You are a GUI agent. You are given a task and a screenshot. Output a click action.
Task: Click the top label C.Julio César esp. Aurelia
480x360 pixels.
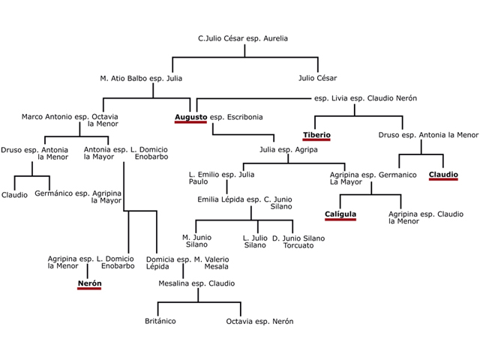click(242, 38)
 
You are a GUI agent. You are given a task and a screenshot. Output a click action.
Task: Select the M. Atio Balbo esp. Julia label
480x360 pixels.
click(141, 78)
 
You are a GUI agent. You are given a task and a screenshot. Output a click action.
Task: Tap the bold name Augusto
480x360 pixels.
click(190, 117)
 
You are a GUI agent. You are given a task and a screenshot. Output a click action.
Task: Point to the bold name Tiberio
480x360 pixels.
click(316, 136)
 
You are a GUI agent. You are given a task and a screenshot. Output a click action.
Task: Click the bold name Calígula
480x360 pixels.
click(340, 214)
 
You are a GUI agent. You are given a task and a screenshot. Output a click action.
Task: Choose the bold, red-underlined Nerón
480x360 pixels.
click(88, 284)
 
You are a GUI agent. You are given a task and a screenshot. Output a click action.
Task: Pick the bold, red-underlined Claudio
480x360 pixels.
click(443, 175)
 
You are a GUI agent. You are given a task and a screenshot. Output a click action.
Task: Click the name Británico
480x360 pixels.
click(160, 321)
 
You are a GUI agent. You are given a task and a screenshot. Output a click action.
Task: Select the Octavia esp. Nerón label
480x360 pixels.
click(259, 321)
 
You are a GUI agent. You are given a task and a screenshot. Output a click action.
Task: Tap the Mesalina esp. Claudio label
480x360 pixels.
click(196, 284)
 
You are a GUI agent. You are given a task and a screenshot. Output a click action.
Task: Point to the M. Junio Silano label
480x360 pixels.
click(196, 241)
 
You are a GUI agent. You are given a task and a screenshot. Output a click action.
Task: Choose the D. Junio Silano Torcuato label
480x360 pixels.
click(298, 241)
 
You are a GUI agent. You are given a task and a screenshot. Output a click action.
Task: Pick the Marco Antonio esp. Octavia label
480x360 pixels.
click(70, 117)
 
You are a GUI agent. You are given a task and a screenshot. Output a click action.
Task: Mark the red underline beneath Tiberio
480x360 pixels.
click(316, 142)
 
